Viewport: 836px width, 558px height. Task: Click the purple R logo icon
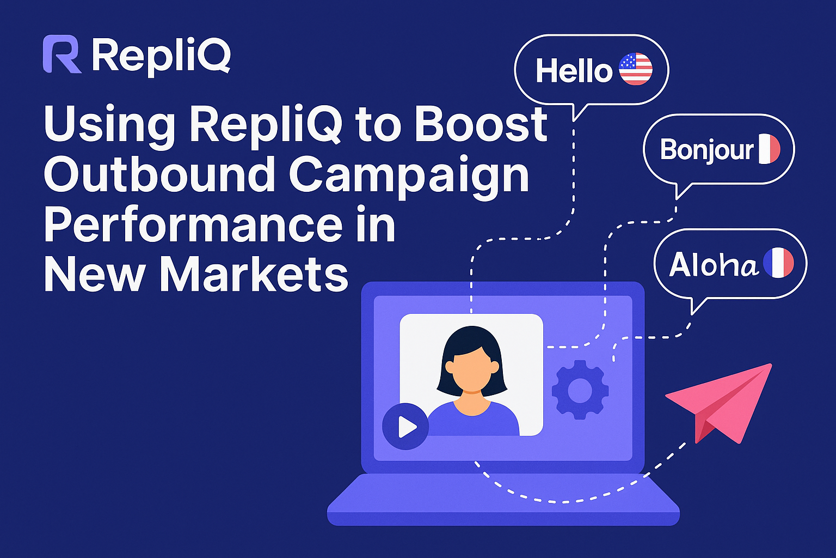(x=62, y=54)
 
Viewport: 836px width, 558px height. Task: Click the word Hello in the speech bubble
(x=574, y=71)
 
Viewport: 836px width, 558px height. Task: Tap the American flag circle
(x=636, y=69)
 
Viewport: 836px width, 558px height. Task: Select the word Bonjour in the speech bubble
(x=706, y=150)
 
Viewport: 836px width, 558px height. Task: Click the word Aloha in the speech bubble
(x=713, y=265)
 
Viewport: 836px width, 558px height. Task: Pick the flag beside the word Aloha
(x=778, y=263)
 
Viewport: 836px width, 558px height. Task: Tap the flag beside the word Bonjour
(x=769, y=149)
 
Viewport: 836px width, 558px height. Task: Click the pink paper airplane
(x=724, y=401)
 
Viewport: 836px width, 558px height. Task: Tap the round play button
(x=405, y=426)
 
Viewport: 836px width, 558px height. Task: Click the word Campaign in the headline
(x=408, y=175)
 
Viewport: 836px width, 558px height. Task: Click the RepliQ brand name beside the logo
(x=161, y=56)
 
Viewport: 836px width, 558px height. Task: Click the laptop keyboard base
(x=503, y=501)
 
